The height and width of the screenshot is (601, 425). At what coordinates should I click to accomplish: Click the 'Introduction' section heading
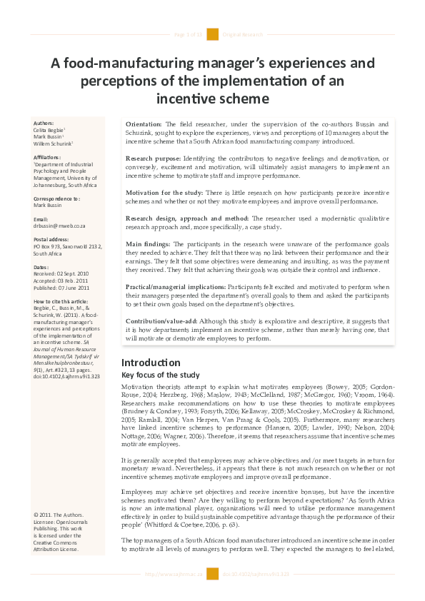[151, 363]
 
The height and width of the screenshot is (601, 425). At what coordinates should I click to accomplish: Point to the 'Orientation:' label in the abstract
[144, 125]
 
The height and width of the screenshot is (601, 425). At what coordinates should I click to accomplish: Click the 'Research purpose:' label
[155, 159]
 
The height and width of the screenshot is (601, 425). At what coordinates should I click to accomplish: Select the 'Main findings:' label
[149, 244]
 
